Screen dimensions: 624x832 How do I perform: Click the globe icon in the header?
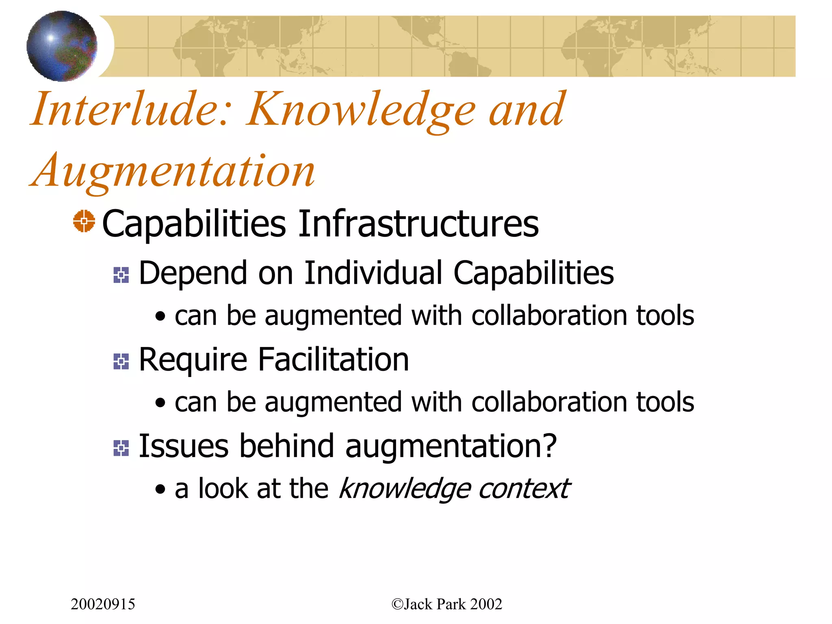coord(62,46)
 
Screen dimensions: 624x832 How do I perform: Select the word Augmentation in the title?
coord(173,171)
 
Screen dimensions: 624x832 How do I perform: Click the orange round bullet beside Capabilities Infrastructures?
coord(84,221)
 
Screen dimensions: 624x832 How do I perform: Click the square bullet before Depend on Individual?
coord(121,275)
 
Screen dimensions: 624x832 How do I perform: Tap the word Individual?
coord(373,273)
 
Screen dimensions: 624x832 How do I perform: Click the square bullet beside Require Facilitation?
coord(121,361)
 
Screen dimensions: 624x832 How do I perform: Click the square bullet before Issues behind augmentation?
coord(121,448)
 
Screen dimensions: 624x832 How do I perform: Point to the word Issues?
coord(184,446)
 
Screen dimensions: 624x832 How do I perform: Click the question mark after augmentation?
coord(549,445)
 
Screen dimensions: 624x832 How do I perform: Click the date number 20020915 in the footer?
coord(103,604)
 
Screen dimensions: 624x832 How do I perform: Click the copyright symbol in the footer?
coord(397,604)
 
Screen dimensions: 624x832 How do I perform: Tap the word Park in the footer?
coord(451,604)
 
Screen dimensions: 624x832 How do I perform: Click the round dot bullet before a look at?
coord(160,490)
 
